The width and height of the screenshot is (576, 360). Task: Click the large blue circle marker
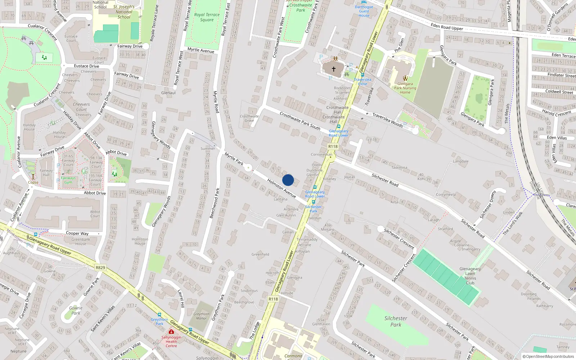tap(288, 180)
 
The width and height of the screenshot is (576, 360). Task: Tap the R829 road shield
tap(100, 267)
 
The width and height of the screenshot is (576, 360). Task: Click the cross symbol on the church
tap(334, 69)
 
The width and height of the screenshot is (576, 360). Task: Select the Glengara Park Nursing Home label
tap(405, 88)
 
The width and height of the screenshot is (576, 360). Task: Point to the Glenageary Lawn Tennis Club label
tap(470, 276)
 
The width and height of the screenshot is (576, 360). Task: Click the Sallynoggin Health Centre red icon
tap(171, 331)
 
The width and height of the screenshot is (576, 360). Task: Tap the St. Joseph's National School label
tap(124, 12)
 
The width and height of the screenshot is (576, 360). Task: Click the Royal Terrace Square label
tap(207, 17)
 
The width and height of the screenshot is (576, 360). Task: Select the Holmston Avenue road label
tap(282, 188)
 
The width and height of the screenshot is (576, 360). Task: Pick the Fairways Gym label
tap(68, 180)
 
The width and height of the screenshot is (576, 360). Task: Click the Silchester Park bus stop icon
tap(313, 202)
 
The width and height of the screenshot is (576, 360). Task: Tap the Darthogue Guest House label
tap(364, 11)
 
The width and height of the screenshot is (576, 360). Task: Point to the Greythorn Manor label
tap(201, 316)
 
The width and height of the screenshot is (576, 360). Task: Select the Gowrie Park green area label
tap(76, 310)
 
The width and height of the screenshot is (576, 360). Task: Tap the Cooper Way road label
tap(77, 233)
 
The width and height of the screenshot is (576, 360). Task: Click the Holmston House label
tap(140, 241)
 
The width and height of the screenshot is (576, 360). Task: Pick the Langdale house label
tap(460, 161)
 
